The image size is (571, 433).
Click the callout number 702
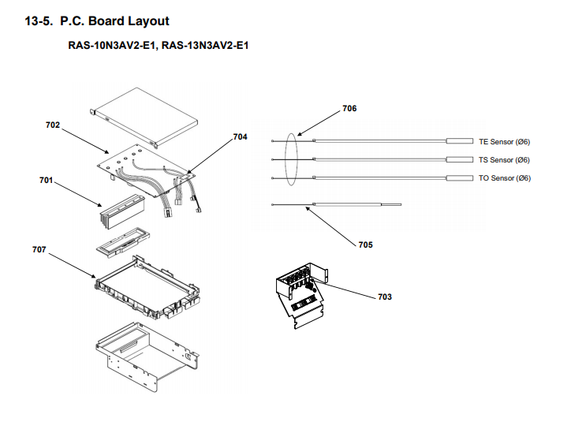pos(53,125)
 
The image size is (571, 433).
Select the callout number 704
pos(240,136)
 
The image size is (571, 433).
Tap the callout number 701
pos(46,181)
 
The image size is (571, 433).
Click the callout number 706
pos(349,108)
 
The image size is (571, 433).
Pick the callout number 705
pos(365,244)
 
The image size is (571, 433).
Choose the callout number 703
pos(385,297)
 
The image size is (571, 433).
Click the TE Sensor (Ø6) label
pos(504,142)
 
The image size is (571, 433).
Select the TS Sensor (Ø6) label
pos(504,160)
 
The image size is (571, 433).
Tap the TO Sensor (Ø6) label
pos(504,178)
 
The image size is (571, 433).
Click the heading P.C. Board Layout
pos(114,21)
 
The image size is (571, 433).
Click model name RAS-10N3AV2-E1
pos(113,46)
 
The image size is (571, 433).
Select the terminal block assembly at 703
pos(299,296)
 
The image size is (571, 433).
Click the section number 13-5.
pos(39,21)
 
